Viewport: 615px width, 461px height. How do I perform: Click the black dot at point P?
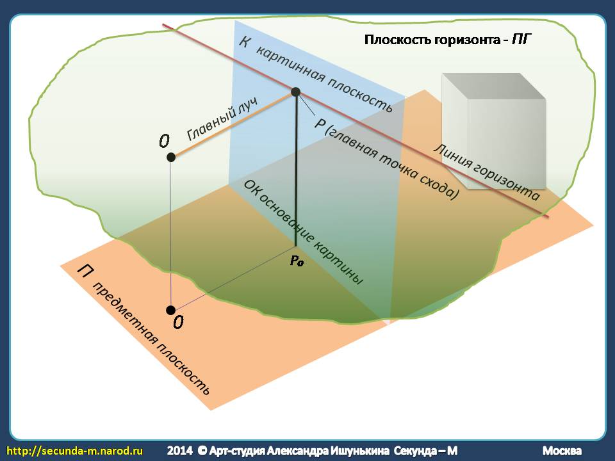pos(296,92)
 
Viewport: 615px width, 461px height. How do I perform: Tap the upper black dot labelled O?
pos(170,158)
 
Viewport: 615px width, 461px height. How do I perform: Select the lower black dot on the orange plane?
pos(170,310)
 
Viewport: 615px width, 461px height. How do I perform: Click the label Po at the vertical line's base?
pos(297,261)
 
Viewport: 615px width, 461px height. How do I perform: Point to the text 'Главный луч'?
pos(222,119)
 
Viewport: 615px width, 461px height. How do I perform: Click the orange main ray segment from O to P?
pos(233,125)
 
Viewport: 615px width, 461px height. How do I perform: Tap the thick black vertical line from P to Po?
pos(296,169)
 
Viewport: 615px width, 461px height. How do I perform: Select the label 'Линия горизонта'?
pos(486,172)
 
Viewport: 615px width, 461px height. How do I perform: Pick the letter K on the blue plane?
pos(244,42)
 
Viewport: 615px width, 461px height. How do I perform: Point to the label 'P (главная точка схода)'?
pos(386,159)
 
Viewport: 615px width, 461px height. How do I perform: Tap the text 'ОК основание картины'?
pos(303,232)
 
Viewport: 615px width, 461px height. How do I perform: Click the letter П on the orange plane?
pos(83,270)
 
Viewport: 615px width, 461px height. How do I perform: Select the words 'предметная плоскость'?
pos(151,338)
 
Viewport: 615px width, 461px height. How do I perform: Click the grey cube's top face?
pos(493,86)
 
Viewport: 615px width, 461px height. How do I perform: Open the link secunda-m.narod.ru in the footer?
pos(74,451)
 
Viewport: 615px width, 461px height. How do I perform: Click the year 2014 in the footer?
pos(179,451)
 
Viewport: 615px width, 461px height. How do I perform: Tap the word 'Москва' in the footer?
pos(562,451)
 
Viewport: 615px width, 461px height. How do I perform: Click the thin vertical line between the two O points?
pos(170,234)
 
